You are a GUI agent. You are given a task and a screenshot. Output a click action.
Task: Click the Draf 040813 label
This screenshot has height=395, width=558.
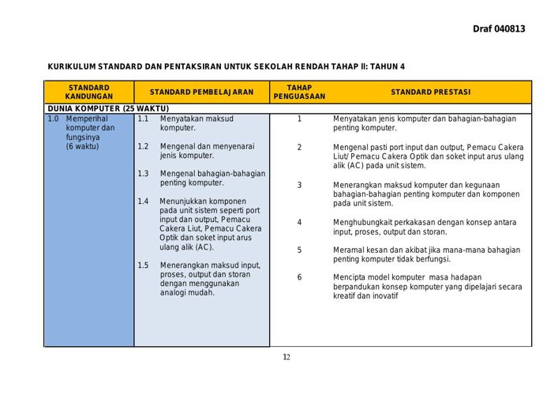click(x=499, y=29)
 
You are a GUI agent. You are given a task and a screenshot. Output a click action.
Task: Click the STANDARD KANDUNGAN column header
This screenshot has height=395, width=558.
click(x=88, y=92)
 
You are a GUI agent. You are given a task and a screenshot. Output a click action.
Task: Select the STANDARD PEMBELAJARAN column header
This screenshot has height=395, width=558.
click(x=201, y=92)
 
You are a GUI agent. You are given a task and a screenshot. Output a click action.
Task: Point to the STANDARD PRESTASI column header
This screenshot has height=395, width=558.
click(x=430, y=92)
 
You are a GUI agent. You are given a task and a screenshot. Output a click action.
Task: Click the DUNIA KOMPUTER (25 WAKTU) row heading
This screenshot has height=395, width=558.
click(x=108, y=108)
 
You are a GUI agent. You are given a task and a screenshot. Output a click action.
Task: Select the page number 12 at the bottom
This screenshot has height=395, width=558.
click(x=286, y=357)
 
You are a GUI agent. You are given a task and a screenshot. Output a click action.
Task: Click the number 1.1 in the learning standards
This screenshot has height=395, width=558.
click(x=143, y=118)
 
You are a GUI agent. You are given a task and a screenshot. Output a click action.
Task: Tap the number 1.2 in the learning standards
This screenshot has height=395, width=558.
click(x=143, y=146)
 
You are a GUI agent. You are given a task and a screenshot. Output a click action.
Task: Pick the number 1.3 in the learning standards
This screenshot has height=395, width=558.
click(x=143, y=174)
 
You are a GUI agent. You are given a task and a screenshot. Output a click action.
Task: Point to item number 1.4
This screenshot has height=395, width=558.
click(x=143, y=201)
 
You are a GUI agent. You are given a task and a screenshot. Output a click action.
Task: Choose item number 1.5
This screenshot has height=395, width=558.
click(x=143, y=265)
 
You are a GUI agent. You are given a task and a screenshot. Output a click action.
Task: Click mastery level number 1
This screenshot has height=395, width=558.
click(x=299, y=118)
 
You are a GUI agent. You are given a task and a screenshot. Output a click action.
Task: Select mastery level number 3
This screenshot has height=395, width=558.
click(x=299, y=185)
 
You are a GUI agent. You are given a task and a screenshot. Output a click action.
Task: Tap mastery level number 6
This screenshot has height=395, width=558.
click(x=299, y=277)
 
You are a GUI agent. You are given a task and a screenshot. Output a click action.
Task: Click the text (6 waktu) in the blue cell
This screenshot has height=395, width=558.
click(x=83, y=146)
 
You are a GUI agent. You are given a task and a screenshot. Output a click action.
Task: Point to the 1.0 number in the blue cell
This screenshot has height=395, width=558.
click(x=53, y=118)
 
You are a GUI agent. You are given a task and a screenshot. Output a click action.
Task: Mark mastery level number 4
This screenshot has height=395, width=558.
click(x=299, y=223)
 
